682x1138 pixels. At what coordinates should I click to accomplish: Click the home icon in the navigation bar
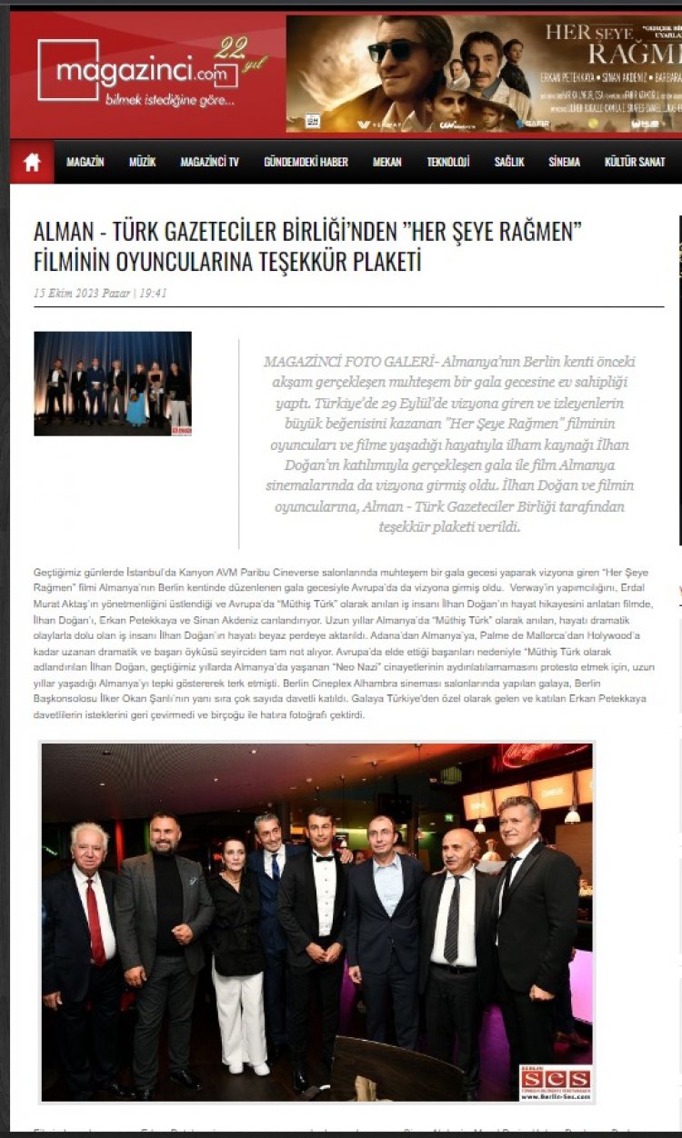32,162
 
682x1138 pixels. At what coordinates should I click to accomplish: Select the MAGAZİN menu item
85,162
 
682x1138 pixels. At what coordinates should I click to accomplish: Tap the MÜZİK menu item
142,162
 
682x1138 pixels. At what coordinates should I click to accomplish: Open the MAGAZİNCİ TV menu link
209,162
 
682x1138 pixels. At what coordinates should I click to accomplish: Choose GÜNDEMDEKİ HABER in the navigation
306,162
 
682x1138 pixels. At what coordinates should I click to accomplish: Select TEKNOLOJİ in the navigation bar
448,162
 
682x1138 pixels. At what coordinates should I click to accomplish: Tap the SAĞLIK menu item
509,162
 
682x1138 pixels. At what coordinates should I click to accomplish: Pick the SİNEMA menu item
564,162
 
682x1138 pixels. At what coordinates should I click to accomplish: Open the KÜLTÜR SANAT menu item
635,162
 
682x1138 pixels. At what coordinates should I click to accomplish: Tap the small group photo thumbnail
113,383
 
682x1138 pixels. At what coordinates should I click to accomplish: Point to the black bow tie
323,855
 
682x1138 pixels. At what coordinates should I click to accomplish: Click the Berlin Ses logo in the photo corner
556,1083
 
